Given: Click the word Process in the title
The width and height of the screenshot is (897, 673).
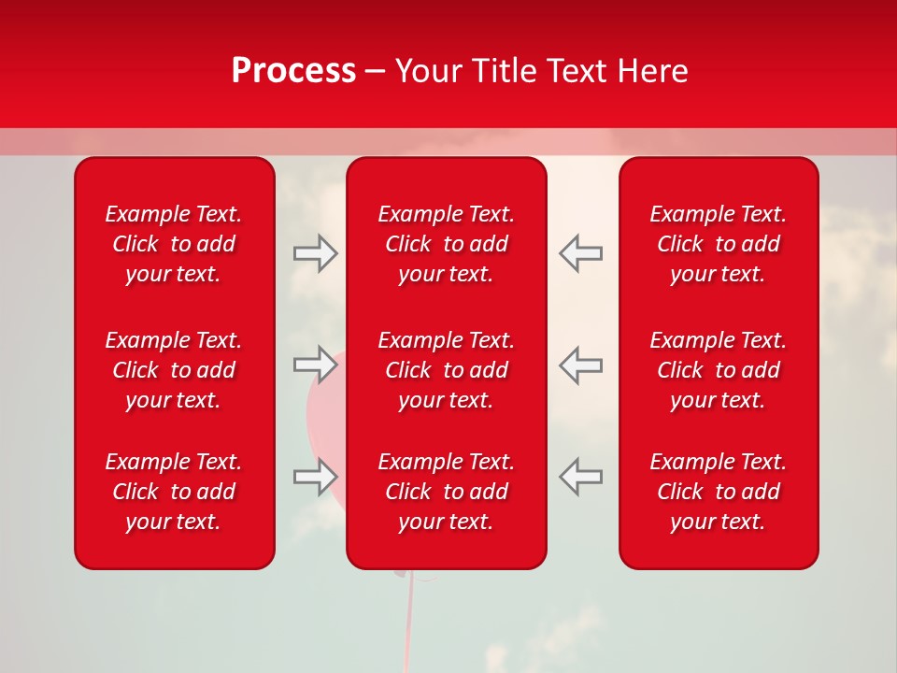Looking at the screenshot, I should click(293, 71).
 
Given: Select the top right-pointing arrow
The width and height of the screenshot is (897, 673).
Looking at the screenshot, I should click(315, 253).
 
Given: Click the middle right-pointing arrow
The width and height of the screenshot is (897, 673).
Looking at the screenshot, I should click(315, 365).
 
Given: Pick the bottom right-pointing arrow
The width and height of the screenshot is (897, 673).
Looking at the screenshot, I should click(315, 476).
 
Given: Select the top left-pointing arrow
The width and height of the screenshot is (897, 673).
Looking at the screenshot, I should click(580, 253).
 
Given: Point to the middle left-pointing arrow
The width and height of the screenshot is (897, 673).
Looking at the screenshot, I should click(580, 365).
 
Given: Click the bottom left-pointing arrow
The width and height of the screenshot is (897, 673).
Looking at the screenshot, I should click(580, 476).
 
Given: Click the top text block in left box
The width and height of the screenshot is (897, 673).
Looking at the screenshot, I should click(174, 244).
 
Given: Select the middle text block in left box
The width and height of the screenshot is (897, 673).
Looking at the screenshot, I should click(174, 370).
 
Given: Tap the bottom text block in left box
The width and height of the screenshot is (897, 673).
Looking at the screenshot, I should click(174, 492).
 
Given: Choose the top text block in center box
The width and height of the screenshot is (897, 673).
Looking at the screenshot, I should click(446, 244).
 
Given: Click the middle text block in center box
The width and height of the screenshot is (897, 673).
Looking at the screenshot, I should click(446, 370).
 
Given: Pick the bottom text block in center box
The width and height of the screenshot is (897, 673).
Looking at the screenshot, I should click(446, 492).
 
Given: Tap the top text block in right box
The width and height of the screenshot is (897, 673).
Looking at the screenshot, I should click(718, 244).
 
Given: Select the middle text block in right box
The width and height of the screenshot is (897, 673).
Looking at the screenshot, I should click(718, 370).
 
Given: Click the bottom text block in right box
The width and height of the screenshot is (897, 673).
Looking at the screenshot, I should click(718, 492).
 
